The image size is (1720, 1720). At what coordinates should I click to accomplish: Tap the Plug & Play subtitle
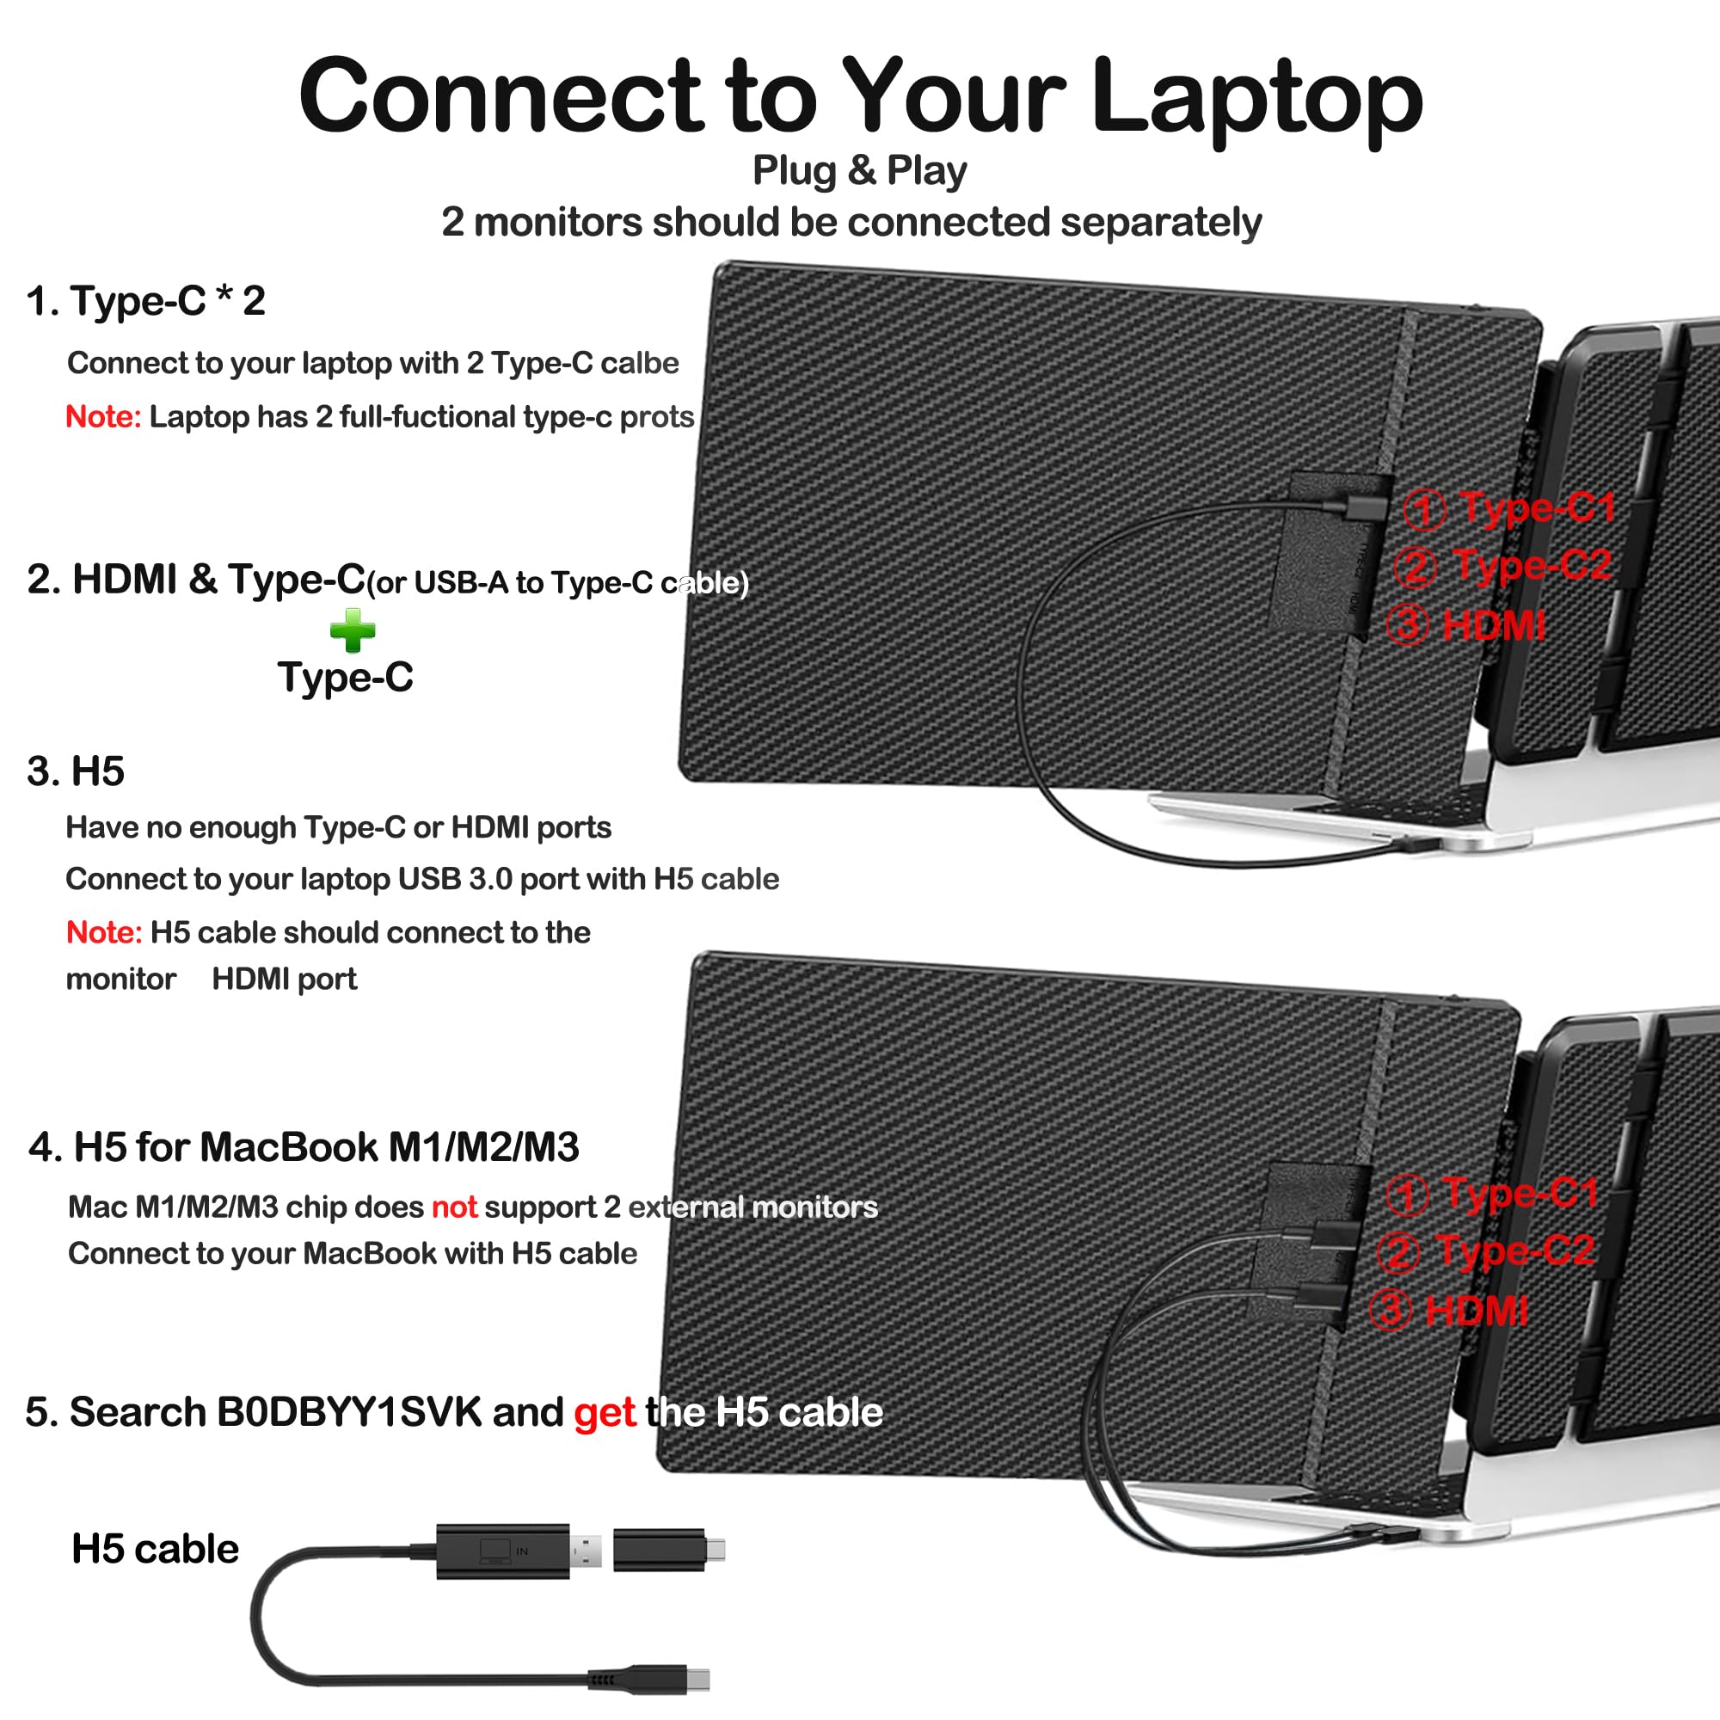tap(859, 170)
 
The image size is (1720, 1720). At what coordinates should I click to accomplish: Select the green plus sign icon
tap(353, 630)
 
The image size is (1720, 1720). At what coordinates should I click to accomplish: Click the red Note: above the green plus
tap(103, 416)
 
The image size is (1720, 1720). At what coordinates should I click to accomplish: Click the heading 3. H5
tap(76, 771)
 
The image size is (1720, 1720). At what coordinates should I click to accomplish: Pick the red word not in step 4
tap(454, 1207)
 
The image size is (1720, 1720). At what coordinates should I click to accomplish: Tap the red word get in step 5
tap(605, 1413)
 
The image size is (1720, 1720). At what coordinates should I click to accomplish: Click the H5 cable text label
tap(155, 1549)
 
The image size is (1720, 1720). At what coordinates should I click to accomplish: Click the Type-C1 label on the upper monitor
tap(1538, 507)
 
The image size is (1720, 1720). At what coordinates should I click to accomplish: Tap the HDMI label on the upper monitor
tap(1493, 625)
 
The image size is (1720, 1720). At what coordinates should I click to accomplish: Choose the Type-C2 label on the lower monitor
tap(1515, 1250)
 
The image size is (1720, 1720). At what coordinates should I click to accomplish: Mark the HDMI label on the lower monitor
tap(1476, 1311)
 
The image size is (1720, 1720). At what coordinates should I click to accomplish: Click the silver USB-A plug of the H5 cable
tap(586, 1551)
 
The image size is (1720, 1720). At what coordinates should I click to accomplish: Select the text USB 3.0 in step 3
tap(455, 880)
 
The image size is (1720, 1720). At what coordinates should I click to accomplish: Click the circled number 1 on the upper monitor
tap(1423, 510)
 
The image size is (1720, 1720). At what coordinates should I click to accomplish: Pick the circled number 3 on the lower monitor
tap(1390, 1311)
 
